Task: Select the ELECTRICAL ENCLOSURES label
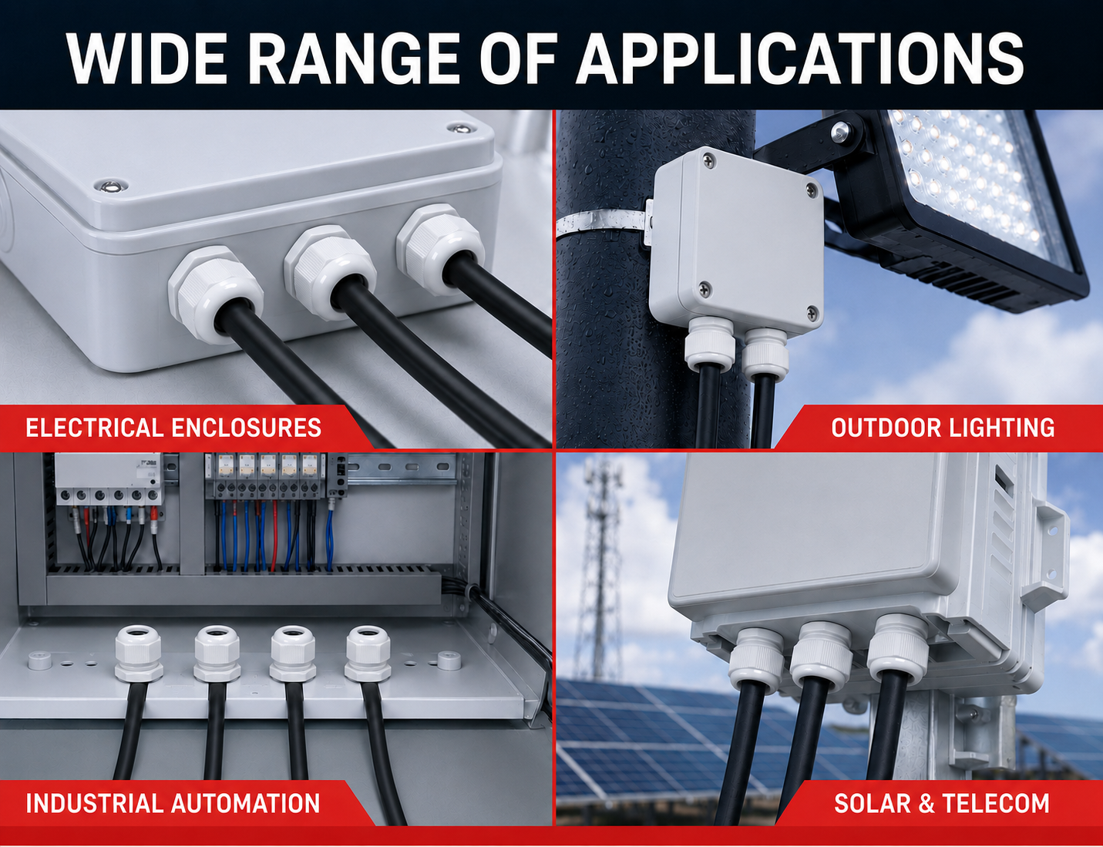[173, 428]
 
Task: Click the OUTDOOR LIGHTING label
[943, 428]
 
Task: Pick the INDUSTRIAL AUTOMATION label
[173, 803]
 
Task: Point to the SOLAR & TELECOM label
[942, 803]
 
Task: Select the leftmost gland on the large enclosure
[216, 294]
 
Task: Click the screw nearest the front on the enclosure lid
[111, 187]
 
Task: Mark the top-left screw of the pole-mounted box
[709, 161]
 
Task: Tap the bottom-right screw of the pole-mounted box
[812, 313]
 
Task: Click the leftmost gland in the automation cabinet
[139, 654]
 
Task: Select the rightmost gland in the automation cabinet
[368, 654]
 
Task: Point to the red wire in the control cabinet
[274, 537]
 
